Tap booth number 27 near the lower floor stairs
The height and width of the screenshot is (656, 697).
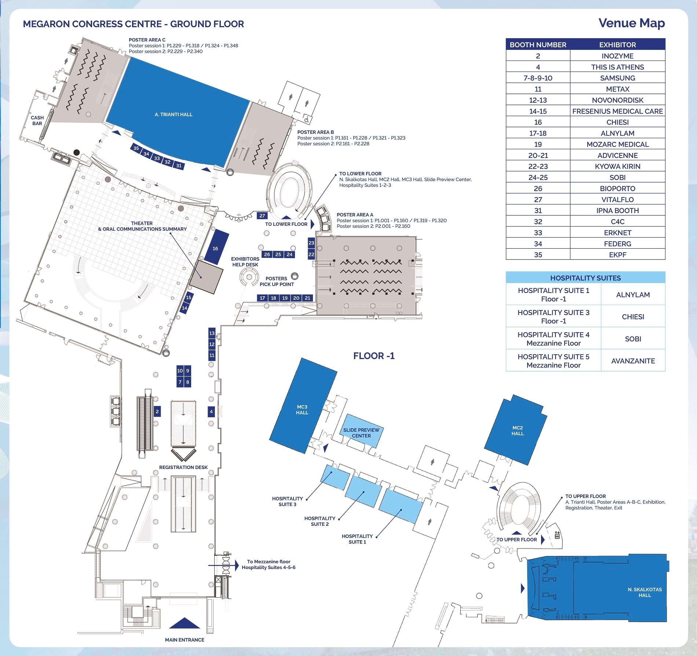(x=262, y=216)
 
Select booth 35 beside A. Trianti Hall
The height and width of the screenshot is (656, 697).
(x=136, y=149)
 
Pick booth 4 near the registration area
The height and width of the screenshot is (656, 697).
(x=211, y=412)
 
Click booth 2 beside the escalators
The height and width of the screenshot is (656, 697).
(x=157, y=411)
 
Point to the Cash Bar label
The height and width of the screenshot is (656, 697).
(x=37, y=121)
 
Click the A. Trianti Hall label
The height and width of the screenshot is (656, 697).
(x=174, y=114)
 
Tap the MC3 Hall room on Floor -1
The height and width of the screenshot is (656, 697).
(x=302, y=410)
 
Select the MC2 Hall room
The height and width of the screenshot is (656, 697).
(x=517, y=430)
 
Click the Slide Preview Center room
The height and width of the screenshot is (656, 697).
(x=361, y=433)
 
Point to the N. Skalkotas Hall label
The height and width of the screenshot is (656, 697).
(x=645, y=592)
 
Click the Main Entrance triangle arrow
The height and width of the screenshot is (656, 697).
(x=185, y=623)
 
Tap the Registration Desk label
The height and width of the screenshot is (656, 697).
(x=183, y=467)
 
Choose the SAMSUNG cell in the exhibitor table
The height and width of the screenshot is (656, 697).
(x=617, y=78)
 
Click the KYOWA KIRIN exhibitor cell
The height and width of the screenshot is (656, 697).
(x=617, y=166)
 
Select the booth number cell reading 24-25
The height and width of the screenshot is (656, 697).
(x=538, y=177)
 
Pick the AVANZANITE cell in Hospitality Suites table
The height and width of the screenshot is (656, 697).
(x=633, y=361)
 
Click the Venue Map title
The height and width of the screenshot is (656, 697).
(x=631, y=23)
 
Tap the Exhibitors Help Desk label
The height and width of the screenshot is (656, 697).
(x=245, y=262)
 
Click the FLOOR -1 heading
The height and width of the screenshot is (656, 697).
(x=374, y=356)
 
